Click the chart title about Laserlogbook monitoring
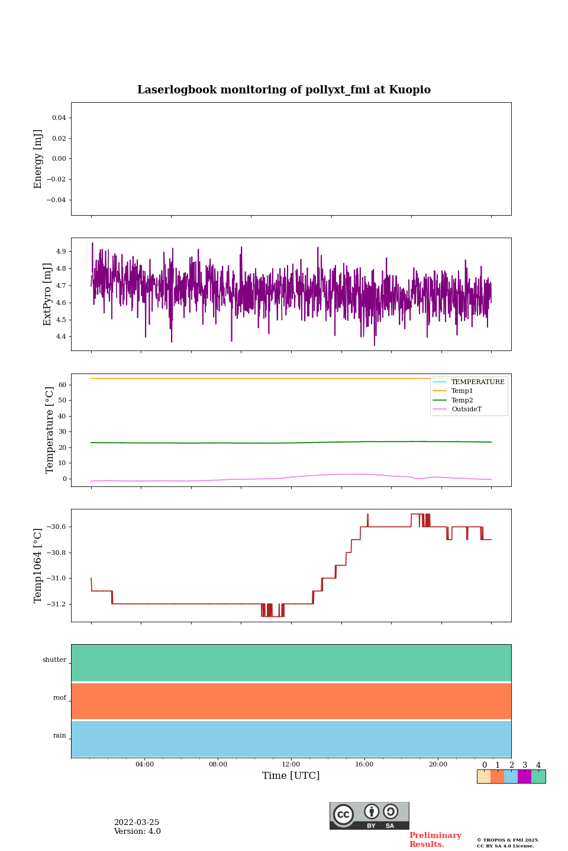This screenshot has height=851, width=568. click(284, 90)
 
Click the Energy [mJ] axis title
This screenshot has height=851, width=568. click(38, 159)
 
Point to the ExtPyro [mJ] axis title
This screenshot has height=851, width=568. click(48, 294)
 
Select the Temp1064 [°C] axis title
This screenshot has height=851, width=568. click(38, 566)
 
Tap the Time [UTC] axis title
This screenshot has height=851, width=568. click(291, 776)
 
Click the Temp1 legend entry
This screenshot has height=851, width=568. click(462, 391)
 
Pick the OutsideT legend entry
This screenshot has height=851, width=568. click(466, 410)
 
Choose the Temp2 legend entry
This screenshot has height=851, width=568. click(462, 400)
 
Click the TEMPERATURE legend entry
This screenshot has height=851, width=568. click(477, 382)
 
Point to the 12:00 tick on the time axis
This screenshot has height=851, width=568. click(291, 765)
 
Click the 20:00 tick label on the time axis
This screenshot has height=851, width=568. click(438, 765)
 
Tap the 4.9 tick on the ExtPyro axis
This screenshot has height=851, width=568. click(61, 252)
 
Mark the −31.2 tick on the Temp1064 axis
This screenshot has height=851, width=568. click(54, 604)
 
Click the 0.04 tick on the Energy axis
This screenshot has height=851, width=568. click(59, 118)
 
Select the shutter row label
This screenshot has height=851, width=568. click(54, 660)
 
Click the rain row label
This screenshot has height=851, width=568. click(60, 736)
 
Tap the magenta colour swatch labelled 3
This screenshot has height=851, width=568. click(524, 777)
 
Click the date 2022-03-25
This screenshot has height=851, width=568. click(137, 823)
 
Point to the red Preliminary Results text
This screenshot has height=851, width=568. click(435, 840)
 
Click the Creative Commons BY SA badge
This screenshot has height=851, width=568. click(369, 816)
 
